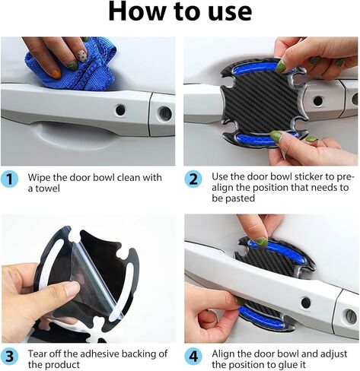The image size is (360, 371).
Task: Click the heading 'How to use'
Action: point(180,13)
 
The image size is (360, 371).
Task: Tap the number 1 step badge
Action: point(11,179)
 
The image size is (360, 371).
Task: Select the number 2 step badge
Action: point(194,179)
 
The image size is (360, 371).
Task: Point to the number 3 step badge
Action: point(11,355)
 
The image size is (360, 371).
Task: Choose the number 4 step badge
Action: point(194,355)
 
